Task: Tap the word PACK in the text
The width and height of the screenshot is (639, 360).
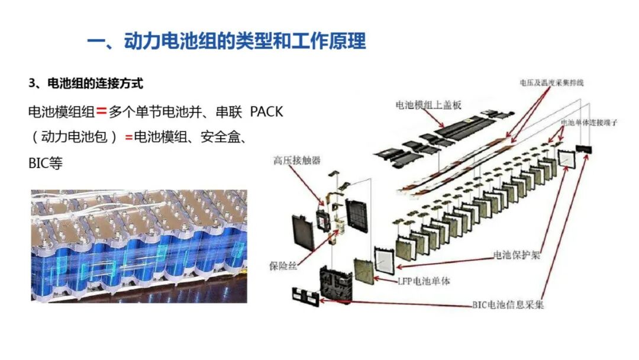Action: coord(267,111)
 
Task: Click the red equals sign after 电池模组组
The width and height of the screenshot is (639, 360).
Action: coord(101,111)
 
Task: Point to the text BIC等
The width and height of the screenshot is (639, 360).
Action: coord(45,163)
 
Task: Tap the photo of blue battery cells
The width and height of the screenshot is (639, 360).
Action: coord(138,246)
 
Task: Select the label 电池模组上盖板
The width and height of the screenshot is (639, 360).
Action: coord(428,105)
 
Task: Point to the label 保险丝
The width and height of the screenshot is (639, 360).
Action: coord(283,266)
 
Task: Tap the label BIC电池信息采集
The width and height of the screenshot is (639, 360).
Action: coord(508,305)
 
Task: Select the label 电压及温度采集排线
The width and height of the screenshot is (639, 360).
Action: coord(551,83)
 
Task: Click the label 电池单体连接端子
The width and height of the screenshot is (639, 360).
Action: coord(589,123)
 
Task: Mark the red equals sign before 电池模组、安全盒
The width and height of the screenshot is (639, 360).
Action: coord(128,137)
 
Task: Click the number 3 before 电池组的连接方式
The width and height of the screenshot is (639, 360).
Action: coord(31,83)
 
